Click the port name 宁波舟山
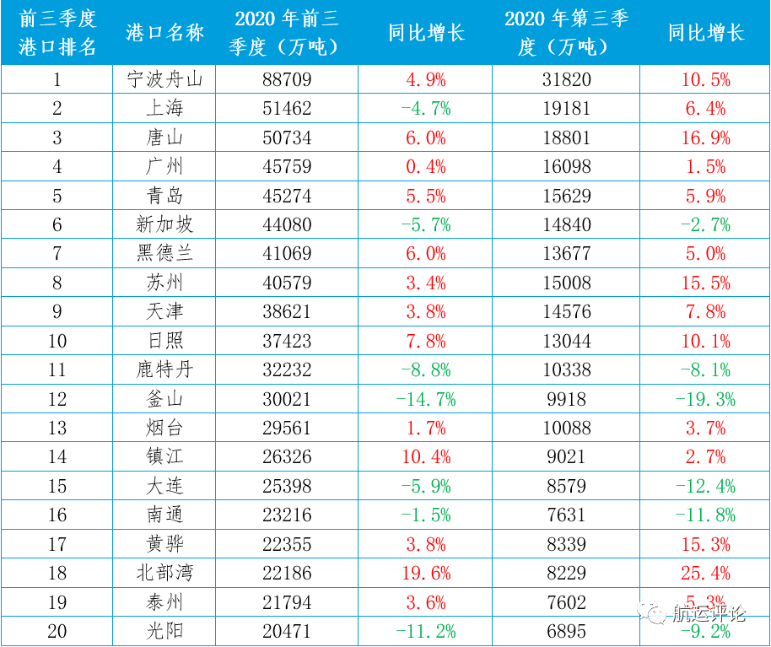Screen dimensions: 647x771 pyautogui.click(x=164, y=80)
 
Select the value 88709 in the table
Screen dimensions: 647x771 pyautogui.click(x=286, y=80)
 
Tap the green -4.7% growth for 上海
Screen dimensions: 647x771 pyautogui.click(x=426, y=109)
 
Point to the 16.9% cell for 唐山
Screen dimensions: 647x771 pyautogui.click(x=706, y=137)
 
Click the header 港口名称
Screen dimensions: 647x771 pyautogui.click(x=164, y=33)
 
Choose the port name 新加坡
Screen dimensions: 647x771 pyautogui.click(x=164, y=224)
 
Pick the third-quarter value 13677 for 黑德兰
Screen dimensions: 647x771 pyautogui.click(x=566, y=253)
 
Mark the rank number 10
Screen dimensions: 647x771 pyautogui.click(x=57, y=340)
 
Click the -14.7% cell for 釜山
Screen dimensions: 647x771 pyautogui.click(x=426, y=398)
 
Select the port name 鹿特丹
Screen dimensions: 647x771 pyautogui.click(x=164, y=369)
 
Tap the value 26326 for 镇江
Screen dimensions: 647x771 pyautogui.click(x=286, y=456)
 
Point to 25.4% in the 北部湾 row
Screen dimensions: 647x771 pyautogui.click(x=706, y=573)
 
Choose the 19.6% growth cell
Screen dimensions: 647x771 pyautogui.click(x=426, y=573)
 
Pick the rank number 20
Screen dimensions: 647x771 pyautogui.click(x=57, y=631)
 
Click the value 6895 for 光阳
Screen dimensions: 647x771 pyautogui.click(x=566, y=631)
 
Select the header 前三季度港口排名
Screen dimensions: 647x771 pyautogui.click(x=57, y=33)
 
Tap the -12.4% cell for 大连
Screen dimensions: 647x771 pyautogui.click(x=706, y=486)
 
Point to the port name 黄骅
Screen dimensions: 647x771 pyautogui.click(x=164, y=544)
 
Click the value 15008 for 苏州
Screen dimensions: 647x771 pyautogui.click(x=566, y=283)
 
